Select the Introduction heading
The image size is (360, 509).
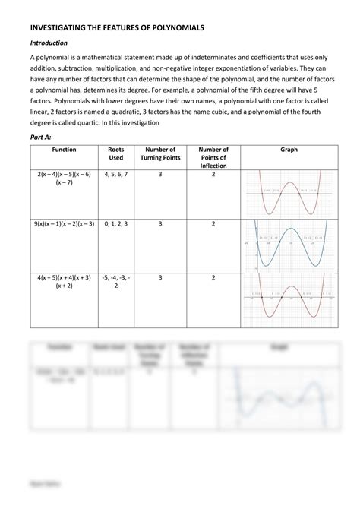pyautogui.click(x=49, y=43)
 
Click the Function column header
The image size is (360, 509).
pyautogui.click(x=64, y=150)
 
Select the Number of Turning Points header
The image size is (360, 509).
pyautogui.click(x=160, y=154)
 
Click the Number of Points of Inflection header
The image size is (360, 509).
pyautogui.click(x=213, y=158)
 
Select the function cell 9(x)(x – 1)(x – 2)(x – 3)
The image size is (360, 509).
pyautogui.click(x=64, y=224)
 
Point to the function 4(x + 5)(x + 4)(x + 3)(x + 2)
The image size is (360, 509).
pyautogui.click(x=64, y=282)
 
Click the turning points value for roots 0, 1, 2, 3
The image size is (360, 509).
pyautogui.click(x=160, y=224)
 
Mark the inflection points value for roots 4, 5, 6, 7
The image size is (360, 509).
pyautogui.click(x=213, y=175)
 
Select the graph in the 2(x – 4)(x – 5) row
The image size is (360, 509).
pyautogui.click(x=288, y=194)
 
